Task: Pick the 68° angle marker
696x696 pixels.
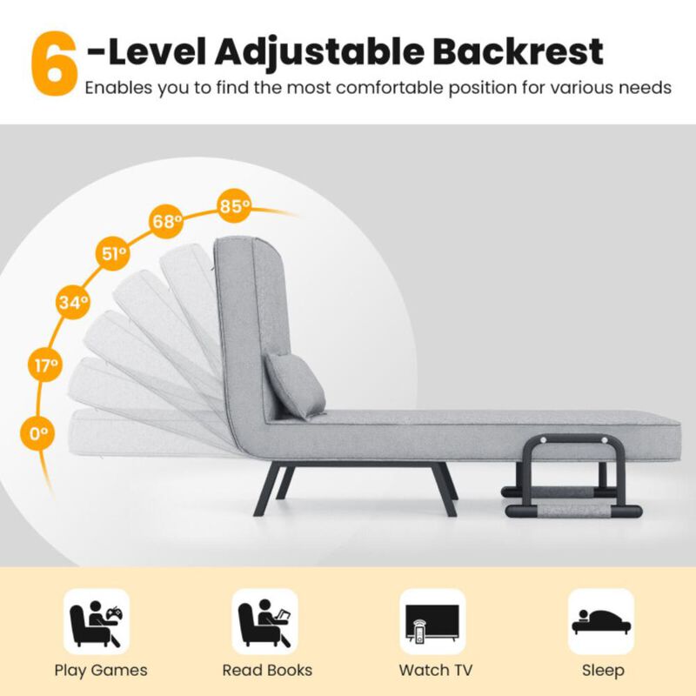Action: coord(166,221)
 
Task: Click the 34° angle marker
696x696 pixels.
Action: coord(73,303)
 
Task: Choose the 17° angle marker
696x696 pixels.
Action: coord(46,365)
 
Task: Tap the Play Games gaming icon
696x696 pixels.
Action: coord(97,621)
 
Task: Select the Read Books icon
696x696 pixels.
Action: coord(264,621)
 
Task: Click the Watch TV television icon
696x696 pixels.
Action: coord(432,621)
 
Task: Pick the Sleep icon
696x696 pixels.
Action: coord(601,621)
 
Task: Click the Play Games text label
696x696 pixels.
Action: coord(101,670)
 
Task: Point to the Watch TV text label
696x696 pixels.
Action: coord(436,670)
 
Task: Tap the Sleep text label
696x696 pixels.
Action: coord(603,670)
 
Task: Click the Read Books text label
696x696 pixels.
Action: coord(267,670)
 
